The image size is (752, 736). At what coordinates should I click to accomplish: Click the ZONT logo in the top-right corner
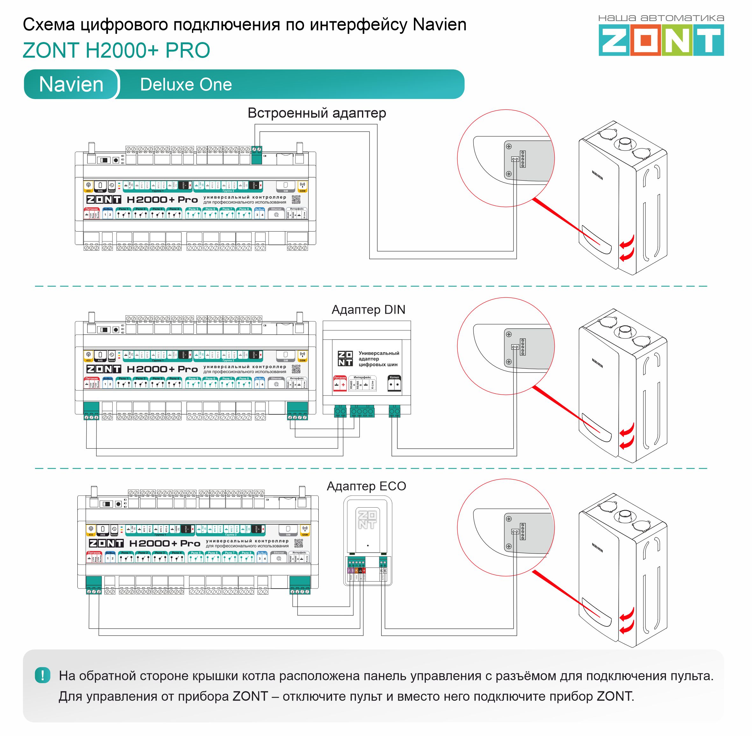(x=661, y=39)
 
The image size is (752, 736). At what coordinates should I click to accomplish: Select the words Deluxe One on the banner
(x=186, y=84)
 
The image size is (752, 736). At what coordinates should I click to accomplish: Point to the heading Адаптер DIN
(x=368, y=310)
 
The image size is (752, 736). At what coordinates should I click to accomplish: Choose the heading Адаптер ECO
(x=366, y=486)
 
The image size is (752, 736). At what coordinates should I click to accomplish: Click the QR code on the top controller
(x=296, y=199)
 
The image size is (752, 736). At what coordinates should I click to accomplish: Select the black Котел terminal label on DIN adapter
(x=394, y=383)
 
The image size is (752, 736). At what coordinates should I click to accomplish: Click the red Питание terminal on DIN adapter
(x=340, y=383)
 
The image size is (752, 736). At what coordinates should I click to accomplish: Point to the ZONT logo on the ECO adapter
(x=367, y=520)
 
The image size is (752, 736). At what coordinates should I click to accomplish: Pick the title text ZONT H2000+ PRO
(x=116, y=50)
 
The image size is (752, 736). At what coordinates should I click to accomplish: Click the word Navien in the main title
(x=439, y=25)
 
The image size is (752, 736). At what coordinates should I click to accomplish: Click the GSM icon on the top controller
(x=302, y=186)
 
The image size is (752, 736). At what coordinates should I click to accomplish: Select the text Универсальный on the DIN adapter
(x=379, y=353)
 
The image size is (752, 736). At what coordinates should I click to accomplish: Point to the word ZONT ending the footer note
(x=614, y=696)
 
